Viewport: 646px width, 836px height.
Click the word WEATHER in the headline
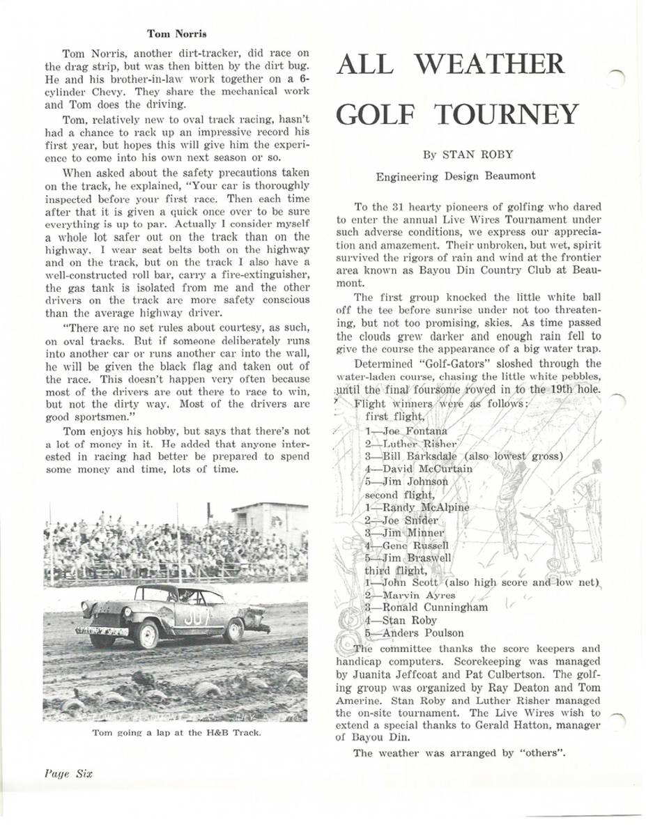496,65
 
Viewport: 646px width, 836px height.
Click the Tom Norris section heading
177,32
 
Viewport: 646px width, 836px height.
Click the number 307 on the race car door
198,615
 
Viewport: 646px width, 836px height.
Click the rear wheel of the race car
233,630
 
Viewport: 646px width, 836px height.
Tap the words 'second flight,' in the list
399,494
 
